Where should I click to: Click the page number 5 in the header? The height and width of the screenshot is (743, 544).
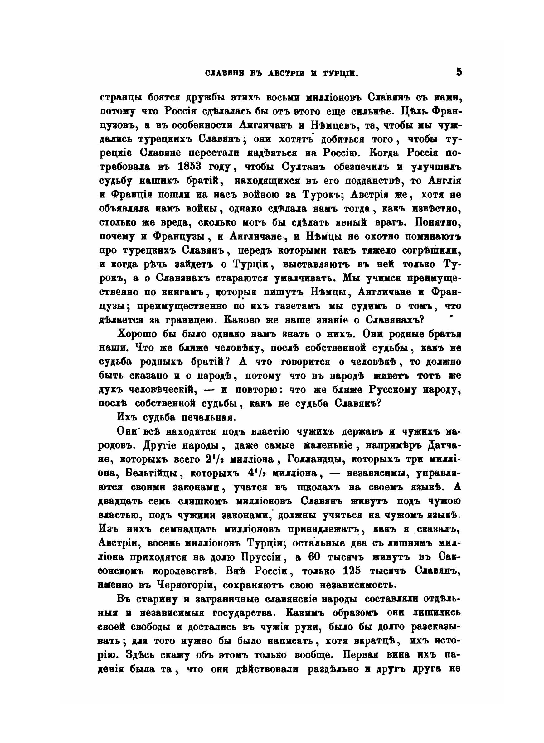[459, 72]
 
